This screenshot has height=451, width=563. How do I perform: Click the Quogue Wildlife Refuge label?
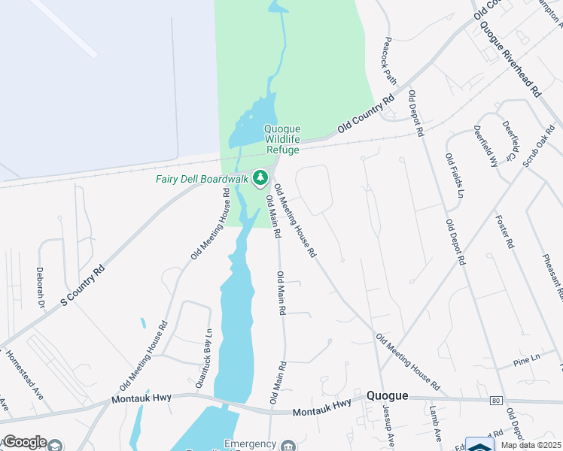click(x=281, y=139)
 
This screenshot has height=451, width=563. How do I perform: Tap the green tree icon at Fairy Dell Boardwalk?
click(x=260, y=178)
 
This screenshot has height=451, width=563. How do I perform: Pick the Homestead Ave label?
click(x=25, y=374)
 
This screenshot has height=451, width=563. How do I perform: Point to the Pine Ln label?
click(x=526, y=360)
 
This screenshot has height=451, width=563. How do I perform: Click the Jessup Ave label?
click(x=388, y=425)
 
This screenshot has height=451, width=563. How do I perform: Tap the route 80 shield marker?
click(x=495, y=401)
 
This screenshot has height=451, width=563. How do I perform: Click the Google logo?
click(x=24, y=442)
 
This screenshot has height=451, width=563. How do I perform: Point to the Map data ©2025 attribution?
click(x=530, y=445)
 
